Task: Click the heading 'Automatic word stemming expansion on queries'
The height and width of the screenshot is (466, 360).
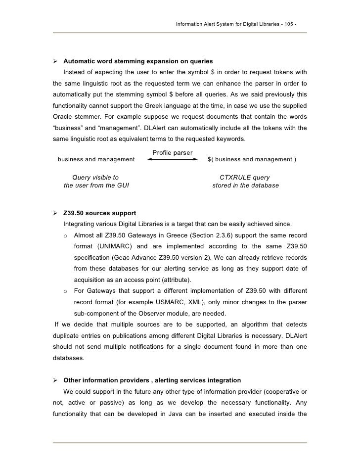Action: [138, 61]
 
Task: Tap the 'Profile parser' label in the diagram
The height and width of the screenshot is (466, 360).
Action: [173, 152]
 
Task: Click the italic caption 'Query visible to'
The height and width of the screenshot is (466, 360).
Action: [95, 177]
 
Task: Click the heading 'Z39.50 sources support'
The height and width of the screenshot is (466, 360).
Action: [100, 213]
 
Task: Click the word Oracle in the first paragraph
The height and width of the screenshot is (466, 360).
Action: [64, 117]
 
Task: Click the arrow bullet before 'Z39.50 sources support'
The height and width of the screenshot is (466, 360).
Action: [56, 213]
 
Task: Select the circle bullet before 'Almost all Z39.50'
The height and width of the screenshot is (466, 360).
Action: [66, 235]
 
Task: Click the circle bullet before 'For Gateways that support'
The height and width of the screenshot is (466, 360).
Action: [66, 291]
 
